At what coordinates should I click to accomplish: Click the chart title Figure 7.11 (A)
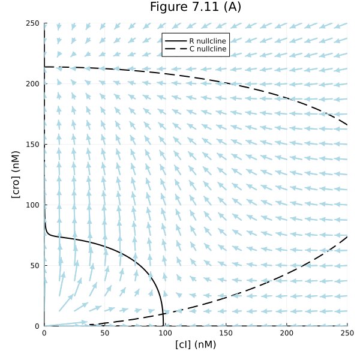tap(196, 7)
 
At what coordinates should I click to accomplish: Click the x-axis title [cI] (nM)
tap(196, 344)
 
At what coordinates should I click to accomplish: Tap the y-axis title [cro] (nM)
tap(16, 175)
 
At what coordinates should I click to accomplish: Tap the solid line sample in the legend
tap(175, 40)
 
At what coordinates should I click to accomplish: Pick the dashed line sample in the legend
tap(175, 49)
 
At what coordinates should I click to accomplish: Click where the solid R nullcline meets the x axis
tap(163, 326)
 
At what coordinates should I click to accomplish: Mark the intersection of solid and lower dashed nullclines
tap(163, 313)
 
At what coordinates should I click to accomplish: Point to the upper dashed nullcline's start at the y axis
tap(44, 67)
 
